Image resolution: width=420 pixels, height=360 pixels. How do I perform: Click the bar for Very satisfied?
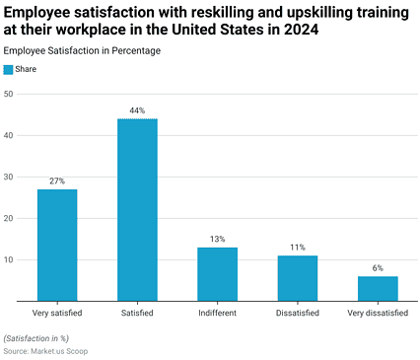tap(57, 245)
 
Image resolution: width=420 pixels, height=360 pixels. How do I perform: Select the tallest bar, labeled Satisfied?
tap(137, 210)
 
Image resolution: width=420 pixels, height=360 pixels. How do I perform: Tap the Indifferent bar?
tap(217, 274)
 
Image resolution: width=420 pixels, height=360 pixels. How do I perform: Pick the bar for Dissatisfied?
tap(298, 278)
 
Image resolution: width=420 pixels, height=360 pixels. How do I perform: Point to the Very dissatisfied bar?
tap(378, 289)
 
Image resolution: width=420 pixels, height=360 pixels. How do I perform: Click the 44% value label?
tap(137, 110)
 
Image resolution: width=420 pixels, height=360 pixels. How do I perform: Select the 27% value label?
tap(57, 181)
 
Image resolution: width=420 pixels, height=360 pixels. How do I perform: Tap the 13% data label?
tap(218, 239)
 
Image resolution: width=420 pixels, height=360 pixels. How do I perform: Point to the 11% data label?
tap(298, 248)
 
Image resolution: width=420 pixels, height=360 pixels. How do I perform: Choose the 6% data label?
tap(378, 268)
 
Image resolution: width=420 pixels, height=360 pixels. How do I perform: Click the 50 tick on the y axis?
tap(9, 94)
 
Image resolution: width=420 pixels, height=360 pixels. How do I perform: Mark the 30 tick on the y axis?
tap(9, 177)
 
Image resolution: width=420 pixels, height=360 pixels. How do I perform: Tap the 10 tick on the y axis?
tap(9, 259)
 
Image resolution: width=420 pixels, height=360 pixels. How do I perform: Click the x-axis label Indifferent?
tap(217, 313)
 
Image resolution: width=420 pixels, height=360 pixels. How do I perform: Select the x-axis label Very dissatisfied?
tap(378, 313)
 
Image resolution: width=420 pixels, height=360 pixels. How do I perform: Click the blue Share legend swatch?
tap(8, 70)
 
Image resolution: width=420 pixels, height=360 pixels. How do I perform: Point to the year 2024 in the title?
tap(302, 30)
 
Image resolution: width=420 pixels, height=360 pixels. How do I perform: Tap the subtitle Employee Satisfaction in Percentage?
tap(82, 51)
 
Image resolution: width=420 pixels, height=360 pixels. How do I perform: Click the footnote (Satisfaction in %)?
tap(36, 338)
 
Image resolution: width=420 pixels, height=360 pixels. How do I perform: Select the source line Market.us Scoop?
tap(45, 351)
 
